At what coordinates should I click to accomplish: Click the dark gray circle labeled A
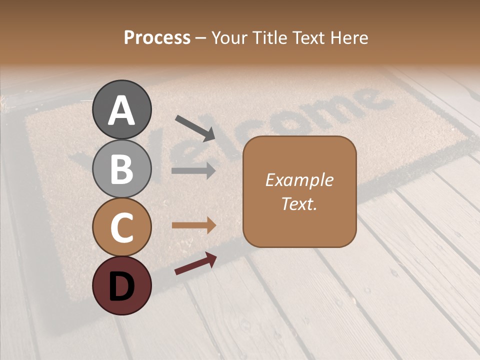pos(122,109)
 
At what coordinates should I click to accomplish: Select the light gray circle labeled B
pos(122,168)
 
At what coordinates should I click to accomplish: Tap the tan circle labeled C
pos(122,227)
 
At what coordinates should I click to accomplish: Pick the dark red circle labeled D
pos(122,285)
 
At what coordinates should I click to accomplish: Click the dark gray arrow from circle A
pos(195,128)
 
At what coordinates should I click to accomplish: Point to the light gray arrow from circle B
pos(193,171)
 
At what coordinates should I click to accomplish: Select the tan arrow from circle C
pos(193,225)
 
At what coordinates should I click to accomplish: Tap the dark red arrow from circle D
pos(195,263)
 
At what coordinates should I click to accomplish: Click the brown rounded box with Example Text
pos(299,191)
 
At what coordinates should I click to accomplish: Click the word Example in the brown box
pos(299,180)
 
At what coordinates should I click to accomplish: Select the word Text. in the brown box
pos(299,203)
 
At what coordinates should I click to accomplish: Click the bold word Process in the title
pos(157,37)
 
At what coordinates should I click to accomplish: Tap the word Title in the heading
pos(267,37)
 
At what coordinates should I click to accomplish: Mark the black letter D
pos(122,286)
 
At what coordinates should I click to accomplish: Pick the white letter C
pos(122,228)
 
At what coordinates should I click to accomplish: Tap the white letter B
pos(122,169)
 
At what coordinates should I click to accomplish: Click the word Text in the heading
pos(307,37)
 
